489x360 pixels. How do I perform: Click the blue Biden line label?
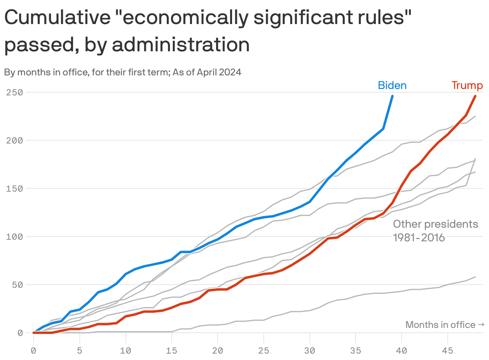point(392,85)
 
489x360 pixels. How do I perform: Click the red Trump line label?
point(467,85)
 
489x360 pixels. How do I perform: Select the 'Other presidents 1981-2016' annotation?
point(435,231)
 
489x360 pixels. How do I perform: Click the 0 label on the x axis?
point(34,350)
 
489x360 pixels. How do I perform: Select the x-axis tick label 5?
point(80,350)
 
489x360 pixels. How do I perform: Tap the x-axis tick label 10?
point(126,350)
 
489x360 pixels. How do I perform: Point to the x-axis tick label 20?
point(218,350)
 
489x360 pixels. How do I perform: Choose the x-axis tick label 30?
point(309,350)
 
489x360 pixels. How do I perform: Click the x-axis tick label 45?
point(448,350)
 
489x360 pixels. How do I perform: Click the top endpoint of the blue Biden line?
point(392,96)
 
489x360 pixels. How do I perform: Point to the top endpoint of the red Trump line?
point(475,96)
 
